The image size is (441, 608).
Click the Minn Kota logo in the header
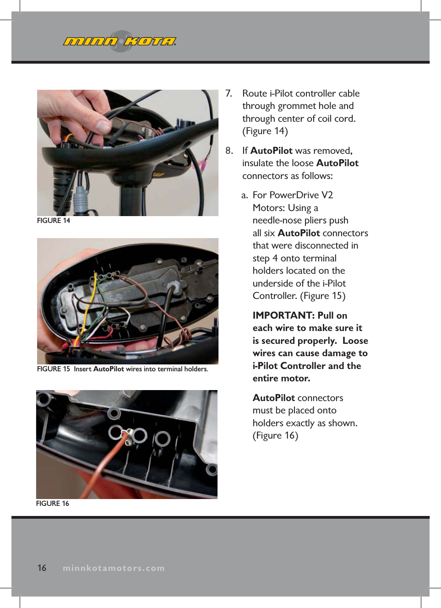tap(120, 42)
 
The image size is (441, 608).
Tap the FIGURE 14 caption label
tap(54, 221)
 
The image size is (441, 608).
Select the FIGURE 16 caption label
tap(53, 504)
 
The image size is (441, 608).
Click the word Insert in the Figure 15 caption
tap(82, 369)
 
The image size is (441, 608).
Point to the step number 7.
tap(229, 93)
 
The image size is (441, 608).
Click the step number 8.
tap(229, 151)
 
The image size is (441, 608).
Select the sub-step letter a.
tap(245, 195)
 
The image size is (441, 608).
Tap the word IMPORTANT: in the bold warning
tap(283, 315)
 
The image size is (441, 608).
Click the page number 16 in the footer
tap(42, 568)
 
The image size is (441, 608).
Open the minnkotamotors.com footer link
tap(114, 568)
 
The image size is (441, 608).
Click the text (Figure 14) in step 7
tap(265, 131)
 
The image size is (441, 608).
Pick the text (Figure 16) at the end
tap(275, 435)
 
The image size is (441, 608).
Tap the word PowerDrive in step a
tap(294, 195)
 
